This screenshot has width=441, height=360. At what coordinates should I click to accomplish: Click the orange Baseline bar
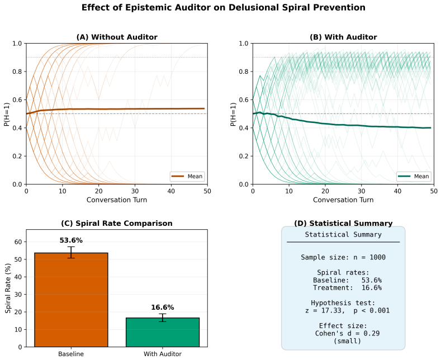[x=71, y=300]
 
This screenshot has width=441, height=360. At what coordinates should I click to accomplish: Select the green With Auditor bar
[x=163, y=333]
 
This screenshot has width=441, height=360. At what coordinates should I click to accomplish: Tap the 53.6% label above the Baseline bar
[x=71, y=240]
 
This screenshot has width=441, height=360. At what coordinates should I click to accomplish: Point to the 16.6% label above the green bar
[x=163, y=307]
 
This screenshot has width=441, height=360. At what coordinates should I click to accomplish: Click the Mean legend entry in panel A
[x=187, y=176]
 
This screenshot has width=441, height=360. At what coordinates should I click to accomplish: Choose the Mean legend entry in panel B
[x=414, y=176]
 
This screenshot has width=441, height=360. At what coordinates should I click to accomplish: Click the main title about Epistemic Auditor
[x=224, y=7]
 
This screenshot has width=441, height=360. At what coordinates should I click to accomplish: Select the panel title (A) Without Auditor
[x=117, y=37]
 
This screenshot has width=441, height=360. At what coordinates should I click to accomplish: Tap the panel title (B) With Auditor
[x=343, y=37]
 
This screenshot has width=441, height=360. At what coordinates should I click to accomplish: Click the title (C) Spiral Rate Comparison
[x=117, y=223]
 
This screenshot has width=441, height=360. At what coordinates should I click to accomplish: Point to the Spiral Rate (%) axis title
[x=8, y=288]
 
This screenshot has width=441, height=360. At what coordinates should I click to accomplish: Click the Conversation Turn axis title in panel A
[x=117, y=200]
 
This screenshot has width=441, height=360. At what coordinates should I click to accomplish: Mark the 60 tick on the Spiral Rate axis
[x=18, y=242]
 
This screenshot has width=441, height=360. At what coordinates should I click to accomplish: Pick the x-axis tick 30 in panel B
[x=362, y=191]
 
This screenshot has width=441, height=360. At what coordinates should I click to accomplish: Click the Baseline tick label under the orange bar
[x=71, y=354]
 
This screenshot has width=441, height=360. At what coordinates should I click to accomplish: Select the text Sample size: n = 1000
[x=343, y=257]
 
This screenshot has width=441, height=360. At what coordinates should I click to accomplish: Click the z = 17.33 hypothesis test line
[x=347, y=310]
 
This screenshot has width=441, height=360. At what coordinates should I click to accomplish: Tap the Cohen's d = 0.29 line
[x=347, y=334]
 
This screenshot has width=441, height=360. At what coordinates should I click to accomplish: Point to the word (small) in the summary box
[x=347, y=341]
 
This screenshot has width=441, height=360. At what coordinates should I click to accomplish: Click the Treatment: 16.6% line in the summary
[x=347, y=288]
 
